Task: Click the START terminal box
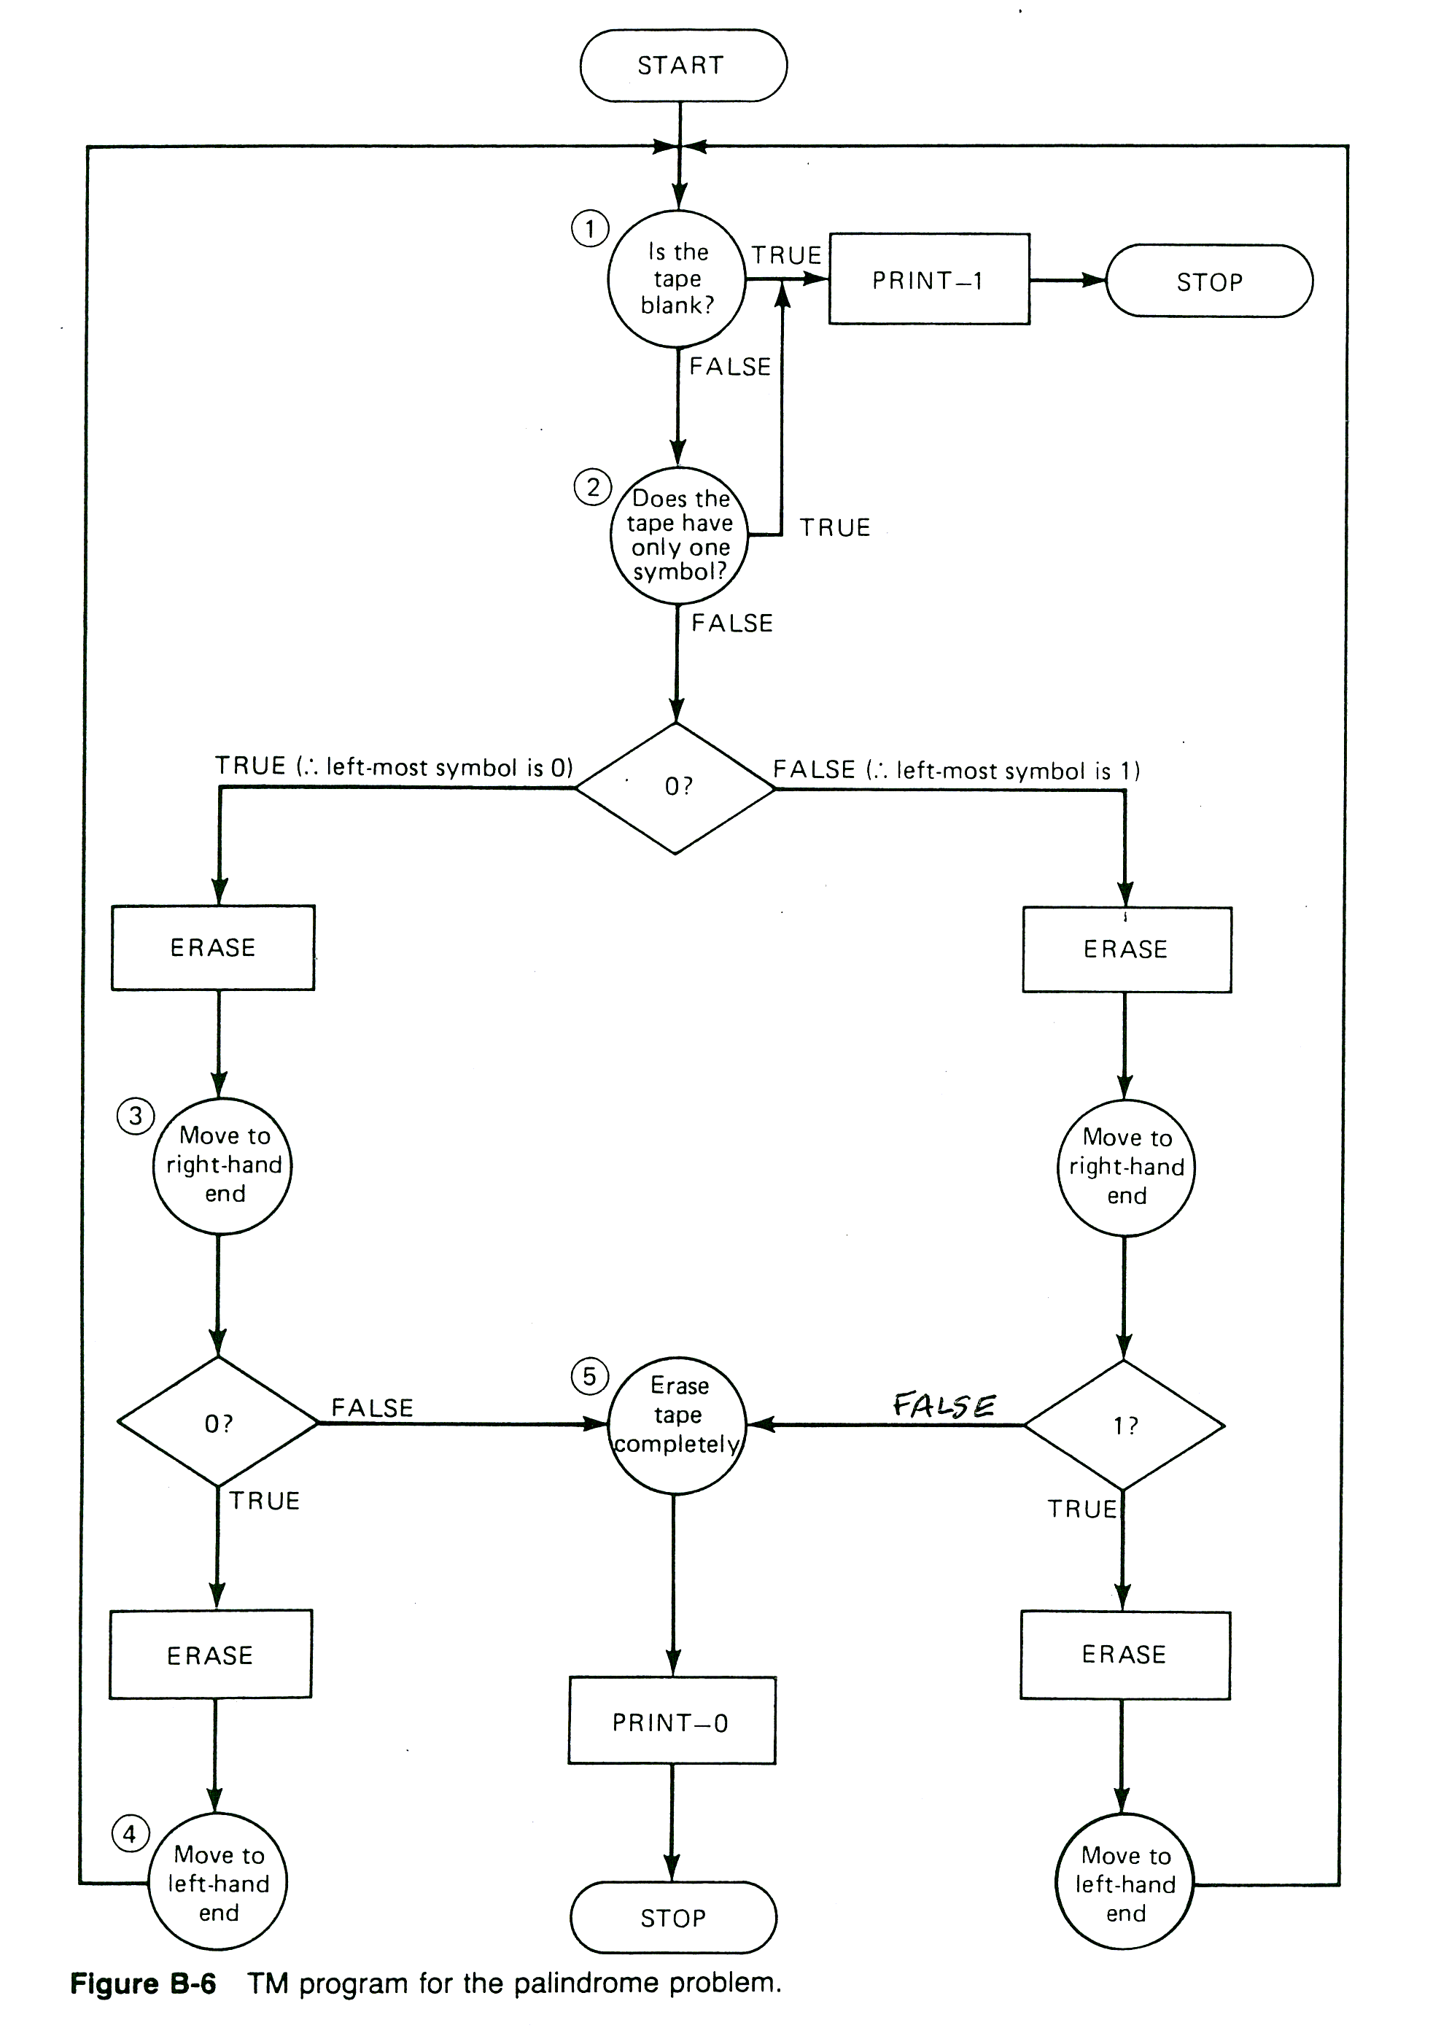(x=683, y=66)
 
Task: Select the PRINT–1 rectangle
(x=928, y=280)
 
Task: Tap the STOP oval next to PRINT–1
(x=1208, y=282)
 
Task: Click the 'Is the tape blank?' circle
(x=677, y=279)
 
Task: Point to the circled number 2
(x=593, y=487)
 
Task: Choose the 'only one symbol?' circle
(x=679, y=536)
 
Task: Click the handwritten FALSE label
(x=944, y=1405)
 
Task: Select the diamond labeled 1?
(x=1125, y=1426)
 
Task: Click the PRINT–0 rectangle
(x=672, y=1722)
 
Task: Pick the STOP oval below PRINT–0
(x=672, y=1918)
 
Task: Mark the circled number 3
(x=136, y=1115)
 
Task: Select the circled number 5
(x=589, y=1376)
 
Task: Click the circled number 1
(x=589, y=229)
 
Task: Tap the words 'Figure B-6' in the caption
(x=143, y=1983)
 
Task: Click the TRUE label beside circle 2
(x=834, y=528)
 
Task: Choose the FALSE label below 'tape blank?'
(x=729, y=366)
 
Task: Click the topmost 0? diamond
(x=676, y=787)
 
